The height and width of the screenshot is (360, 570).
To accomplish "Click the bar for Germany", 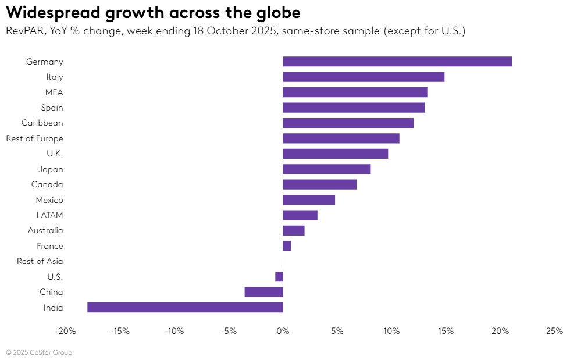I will click(x=397, y=62).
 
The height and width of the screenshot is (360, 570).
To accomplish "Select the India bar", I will click(x=185, y=308).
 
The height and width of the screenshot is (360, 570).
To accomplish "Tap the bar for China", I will click(x=263, y=292).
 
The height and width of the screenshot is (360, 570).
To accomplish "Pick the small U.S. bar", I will click(x=279, y=277).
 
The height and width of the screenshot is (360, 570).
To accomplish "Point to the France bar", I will click(x=287, y=246).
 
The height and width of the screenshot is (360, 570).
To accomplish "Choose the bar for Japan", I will click(x=326, y=169).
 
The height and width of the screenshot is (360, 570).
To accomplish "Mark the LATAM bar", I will click(x=300, y=215).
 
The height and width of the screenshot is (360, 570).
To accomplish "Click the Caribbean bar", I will click(x=348, y=123).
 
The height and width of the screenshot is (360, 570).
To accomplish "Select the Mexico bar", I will click(x=309, y=200).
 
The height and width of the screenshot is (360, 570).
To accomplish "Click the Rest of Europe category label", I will click(x=34, y=138).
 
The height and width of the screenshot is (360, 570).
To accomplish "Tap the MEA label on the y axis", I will click(x=54, y=92).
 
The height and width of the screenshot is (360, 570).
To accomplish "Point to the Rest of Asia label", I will click(x=40, y=262).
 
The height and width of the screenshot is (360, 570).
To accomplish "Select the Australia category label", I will click(x=45, y=231).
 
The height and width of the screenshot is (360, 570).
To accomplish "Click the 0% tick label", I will click(x=283, y=332).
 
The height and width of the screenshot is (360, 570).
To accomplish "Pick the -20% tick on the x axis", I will click(x=65, y=332).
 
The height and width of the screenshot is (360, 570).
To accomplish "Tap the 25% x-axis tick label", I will click(x=554, y=332).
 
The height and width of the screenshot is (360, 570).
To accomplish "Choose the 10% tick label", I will click(x=391, y=332).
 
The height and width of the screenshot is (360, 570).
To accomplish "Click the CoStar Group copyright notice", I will click(x=39, y=352).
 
